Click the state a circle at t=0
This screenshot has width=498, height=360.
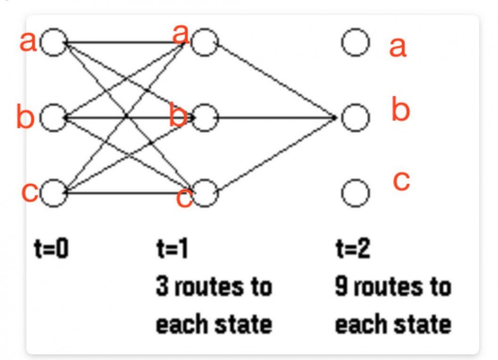[54, 43]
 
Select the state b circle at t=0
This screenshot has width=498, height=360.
[54, 118]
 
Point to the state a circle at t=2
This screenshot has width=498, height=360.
[356, 43]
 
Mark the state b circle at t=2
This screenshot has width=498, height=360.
[356, 118]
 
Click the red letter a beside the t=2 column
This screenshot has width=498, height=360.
[397, 47]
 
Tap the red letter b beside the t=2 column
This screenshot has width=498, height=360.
[400, 111]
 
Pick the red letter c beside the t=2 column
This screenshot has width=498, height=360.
[401, 182]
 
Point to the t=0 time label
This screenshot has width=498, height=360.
[51, 249]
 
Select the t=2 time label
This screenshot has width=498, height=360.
[352, 249]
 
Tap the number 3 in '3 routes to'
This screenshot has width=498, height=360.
[162, 287]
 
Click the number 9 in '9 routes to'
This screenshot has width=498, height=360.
[341, 287]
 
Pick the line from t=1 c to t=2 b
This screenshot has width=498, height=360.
[276, 155]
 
